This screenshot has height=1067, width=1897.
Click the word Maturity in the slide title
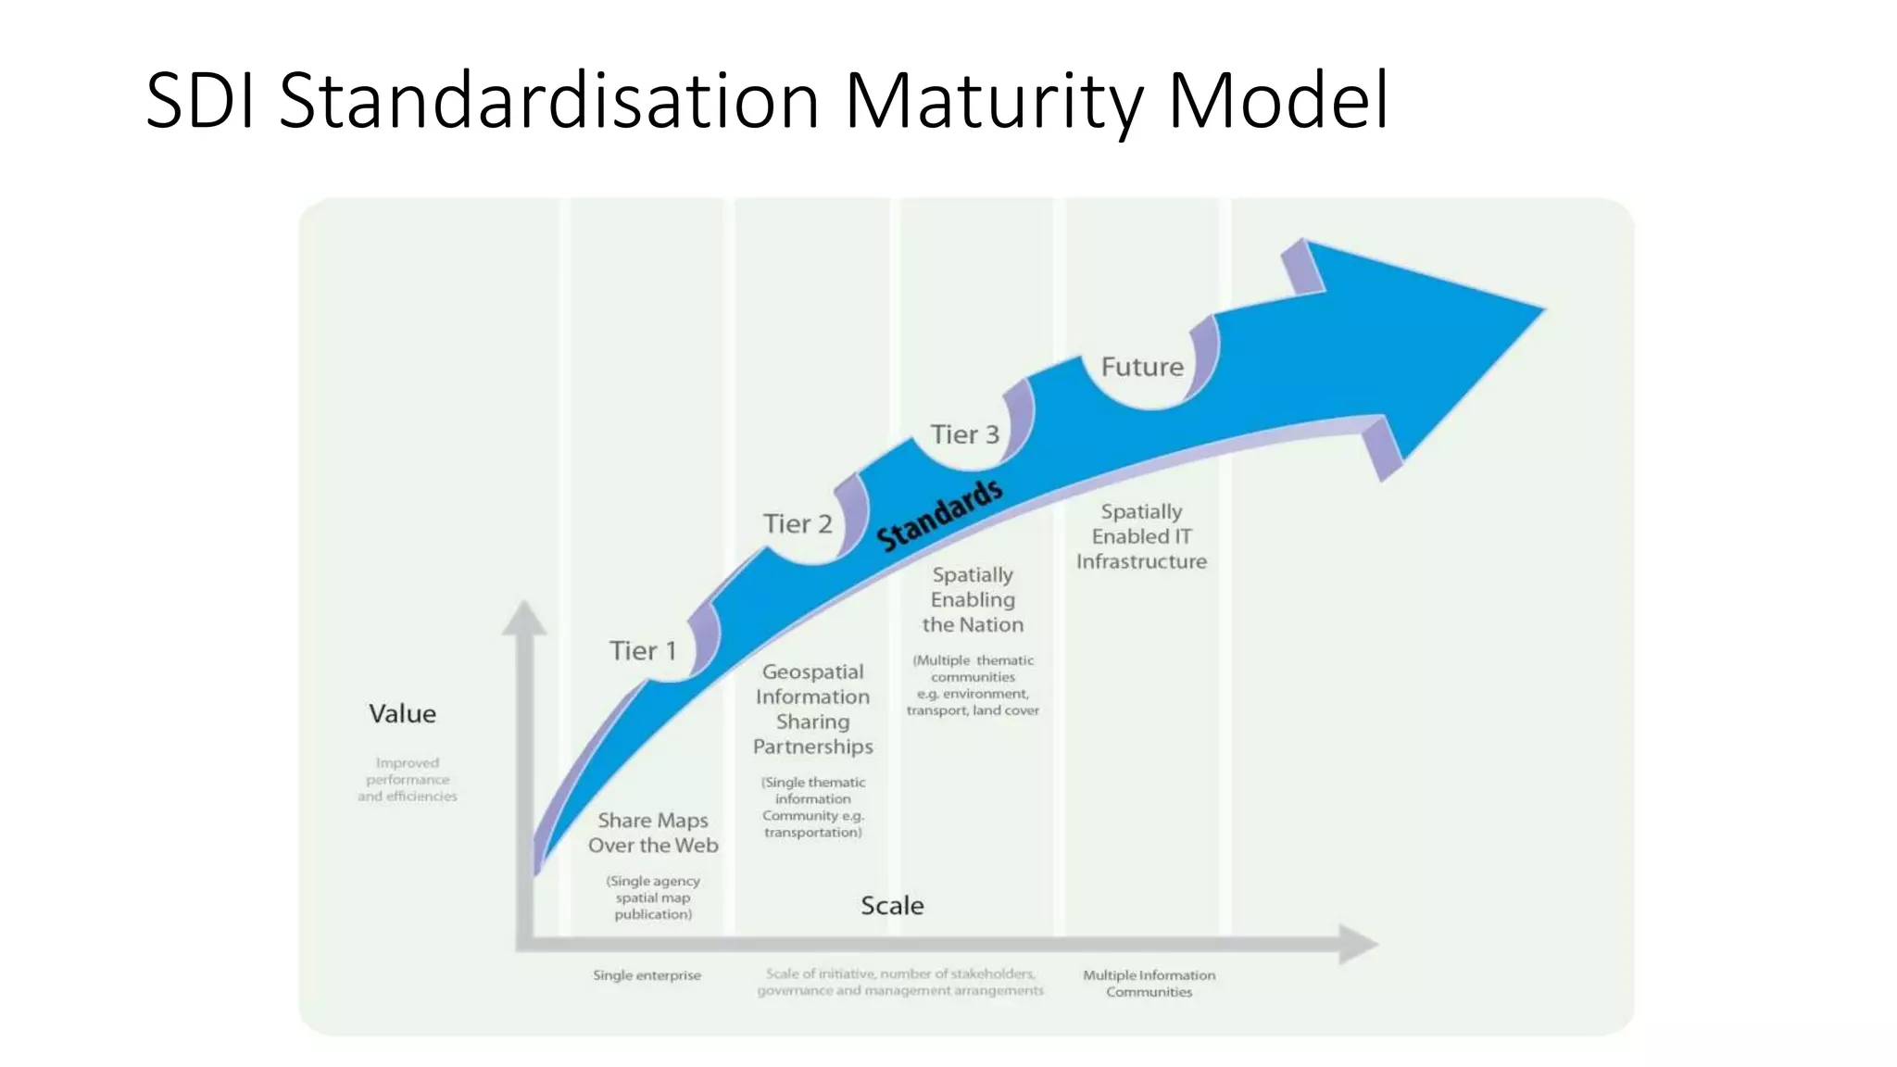point(995,102)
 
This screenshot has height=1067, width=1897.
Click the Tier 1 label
point(643,651)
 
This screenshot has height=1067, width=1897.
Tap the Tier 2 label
point(798,524)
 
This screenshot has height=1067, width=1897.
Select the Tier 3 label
point(964,434)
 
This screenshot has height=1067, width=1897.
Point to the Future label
point(1142,367)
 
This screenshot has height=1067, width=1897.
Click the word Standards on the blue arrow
point(939,515)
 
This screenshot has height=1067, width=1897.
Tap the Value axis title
point(402,714)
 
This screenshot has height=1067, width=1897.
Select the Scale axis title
point(892,906)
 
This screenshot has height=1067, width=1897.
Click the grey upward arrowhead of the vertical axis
point(524,619)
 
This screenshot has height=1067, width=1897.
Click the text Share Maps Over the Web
point(653,833)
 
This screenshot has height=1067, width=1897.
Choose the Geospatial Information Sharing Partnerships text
point(812,709)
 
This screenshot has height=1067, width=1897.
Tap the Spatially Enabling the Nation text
point(973,599)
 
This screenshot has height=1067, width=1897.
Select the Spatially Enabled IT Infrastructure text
point(1141,536)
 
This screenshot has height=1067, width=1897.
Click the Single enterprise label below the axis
point(647,975)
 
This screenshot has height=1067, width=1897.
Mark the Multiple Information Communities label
point(1149,984)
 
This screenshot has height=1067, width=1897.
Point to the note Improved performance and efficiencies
point(408,780)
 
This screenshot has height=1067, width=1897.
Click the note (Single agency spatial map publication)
point(653,898)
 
